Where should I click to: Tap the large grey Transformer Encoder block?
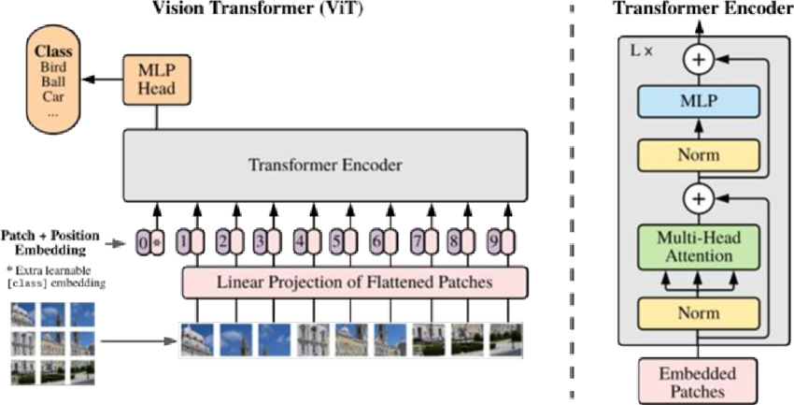325,165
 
